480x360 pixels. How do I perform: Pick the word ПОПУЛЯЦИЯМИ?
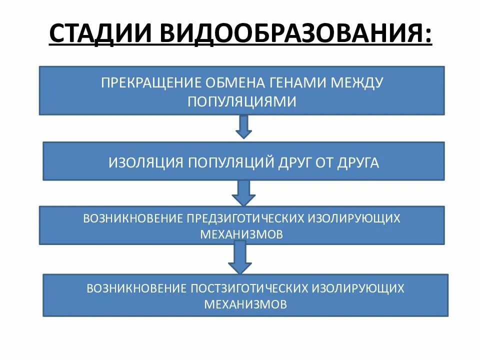tap(242, 101)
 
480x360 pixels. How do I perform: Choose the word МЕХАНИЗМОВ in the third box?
tap(241, 234)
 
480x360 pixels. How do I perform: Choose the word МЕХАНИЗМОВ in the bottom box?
tap(245, 304)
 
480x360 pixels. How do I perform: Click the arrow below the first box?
tap(243, 126)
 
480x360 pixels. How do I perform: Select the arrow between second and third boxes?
tap(243, 192)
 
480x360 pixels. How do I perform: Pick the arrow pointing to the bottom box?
tap(240, 257)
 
